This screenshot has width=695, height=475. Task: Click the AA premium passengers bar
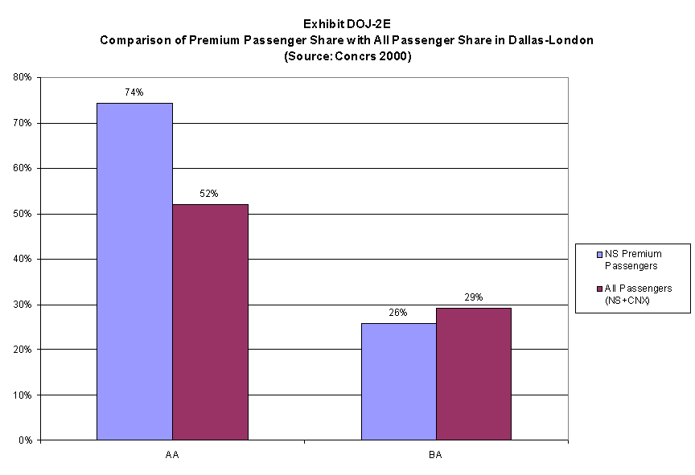(x=134, y=272)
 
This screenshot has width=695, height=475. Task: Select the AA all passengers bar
(x=210, y=322)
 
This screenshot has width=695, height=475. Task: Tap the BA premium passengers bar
(x=398, y=382)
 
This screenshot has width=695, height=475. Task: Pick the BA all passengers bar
(x=474, y=374)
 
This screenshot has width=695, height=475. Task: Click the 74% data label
(x=134, y=92)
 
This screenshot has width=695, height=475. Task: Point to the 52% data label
(x=209, y=194)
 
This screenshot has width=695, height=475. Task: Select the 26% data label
(x=397, y=313)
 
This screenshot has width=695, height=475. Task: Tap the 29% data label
(x=473, y=297)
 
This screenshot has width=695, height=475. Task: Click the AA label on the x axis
(x=172, y=455)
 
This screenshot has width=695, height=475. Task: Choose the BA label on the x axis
(x=435, y=455)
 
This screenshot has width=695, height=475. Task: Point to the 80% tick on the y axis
(x=22, y=78)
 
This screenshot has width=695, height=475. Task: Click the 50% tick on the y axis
(x=22, y=214)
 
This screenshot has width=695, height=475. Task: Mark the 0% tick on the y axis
(x=24, y=440)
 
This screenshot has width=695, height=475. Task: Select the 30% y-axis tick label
(x=22, y=305)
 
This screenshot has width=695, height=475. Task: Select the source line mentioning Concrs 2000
(x=347, y=56)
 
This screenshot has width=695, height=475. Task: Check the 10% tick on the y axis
(x=22, y=395)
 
